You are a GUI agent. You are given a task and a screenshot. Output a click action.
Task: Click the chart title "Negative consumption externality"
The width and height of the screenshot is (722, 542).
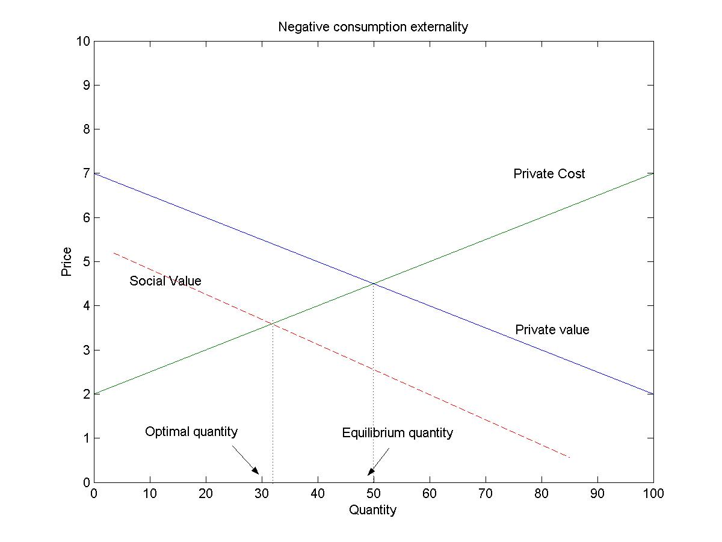point(373,27)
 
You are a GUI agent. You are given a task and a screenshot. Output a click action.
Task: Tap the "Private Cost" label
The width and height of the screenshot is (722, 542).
point(549,174)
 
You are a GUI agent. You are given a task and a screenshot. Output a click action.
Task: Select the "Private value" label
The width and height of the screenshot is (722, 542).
point(552,330)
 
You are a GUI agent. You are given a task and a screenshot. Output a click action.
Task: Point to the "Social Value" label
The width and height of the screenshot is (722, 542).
point(165,281)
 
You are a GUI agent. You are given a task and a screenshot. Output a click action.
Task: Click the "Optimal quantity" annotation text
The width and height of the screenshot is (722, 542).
point(191,432)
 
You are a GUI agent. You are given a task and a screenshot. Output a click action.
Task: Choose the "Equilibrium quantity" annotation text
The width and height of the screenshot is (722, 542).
point(397,433)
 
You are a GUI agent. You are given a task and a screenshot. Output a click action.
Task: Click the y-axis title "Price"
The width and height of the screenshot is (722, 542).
point(66,262)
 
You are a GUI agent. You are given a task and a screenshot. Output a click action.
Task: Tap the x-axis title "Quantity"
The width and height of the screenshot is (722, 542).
point(373,510)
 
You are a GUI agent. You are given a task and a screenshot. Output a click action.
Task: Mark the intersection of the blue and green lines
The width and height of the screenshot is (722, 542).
point(374,283)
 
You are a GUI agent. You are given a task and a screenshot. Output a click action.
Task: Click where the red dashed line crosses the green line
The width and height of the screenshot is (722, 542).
point(273,324)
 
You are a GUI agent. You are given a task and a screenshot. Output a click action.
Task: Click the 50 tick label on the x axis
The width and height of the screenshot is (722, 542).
point(374,494)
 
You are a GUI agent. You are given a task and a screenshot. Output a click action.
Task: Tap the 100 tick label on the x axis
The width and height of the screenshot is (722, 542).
point(653,494)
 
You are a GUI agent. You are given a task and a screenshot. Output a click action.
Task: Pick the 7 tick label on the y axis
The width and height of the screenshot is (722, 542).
point(86,173)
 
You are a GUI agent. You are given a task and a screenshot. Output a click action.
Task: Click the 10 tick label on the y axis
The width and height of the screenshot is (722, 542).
point(83,41)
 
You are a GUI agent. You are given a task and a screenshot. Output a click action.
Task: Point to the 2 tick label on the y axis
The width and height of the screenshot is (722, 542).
point(86,394)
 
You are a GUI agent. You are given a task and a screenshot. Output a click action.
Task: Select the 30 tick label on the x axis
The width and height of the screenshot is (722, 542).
point(262,494)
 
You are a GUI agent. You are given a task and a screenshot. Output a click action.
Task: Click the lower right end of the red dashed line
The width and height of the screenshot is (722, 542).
point(569,458)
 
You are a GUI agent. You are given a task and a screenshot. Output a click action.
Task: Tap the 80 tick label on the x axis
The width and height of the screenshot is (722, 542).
point(541,494)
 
